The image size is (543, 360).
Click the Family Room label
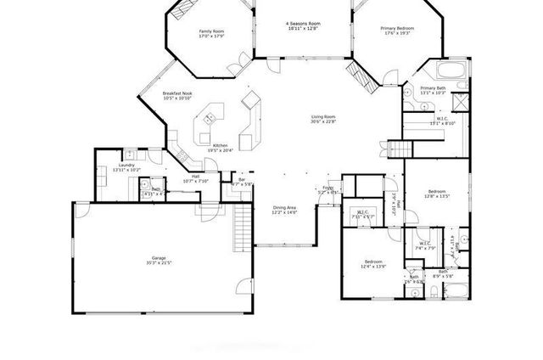tap(210, 31)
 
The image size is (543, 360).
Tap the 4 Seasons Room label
tap(303, 23)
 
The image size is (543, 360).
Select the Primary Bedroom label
tap(397, 28)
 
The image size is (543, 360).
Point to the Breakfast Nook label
tap(176, 93)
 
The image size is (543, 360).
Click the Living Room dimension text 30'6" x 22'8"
tap(323, 121)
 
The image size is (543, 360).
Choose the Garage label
tap(158, 257)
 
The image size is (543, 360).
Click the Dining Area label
tap(284, 207)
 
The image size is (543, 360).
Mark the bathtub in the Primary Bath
tap(450, 70)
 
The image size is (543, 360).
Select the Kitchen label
tap(220, 145)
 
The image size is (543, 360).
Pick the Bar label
tap(242, 179)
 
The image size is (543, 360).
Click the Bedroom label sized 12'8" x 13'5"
tap(437, 191)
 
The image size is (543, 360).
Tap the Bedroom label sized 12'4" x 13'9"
tap(374, 262)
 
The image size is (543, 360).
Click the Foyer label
tap(327, 188)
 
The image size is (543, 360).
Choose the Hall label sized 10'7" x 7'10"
tap(195, 177)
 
